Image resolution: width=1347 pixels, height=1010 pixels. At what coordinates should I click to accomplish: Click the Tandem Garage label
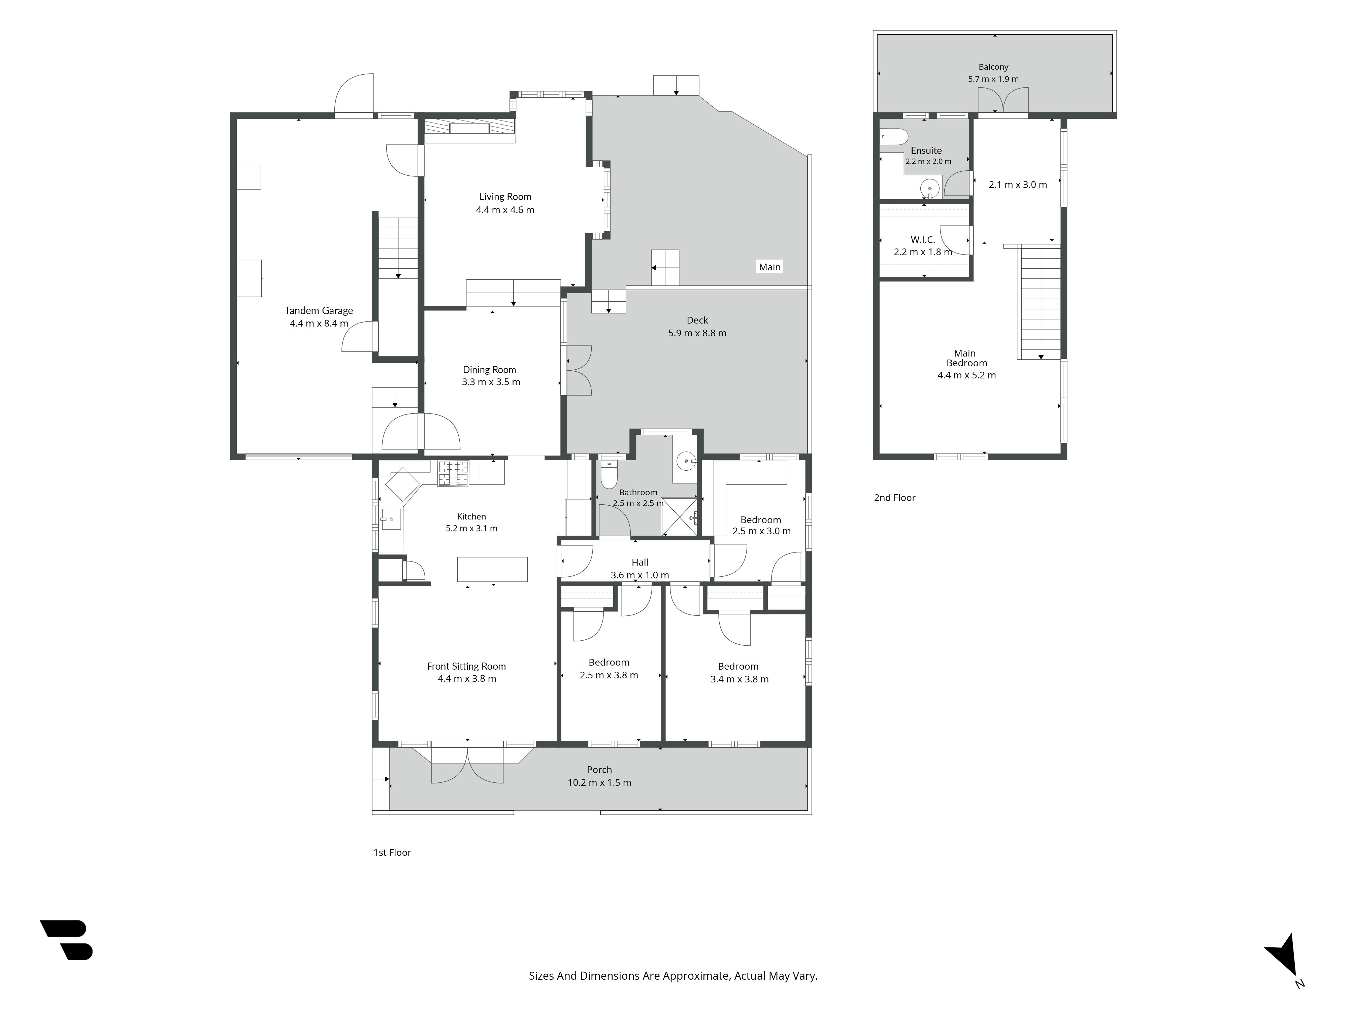[x=319, y=310]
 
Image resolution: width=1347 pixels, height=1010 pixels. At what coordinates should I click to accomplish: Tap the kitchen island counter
[x=492, y=569]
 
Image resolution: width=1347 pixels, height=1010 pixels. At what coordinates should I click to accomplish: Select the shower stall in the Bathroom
[x=679, y=516]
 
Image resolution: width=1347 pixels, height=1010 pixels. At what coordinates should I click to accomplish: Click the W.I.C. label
[x=923, y=240]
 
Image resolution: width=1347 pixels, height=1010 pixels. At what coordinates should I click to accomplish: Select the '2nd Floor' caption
[x=894, y=497]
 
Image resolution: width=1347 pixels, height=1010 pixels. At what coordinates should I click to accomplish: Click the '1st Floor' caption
[x=392, y=852]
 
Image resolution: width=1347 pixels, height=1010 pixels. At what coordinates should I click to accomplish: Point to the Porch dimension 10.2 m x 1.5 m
[x=599, y=782]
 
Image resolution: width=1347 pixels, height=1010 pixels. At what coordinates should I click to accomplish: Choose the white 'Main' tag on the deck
[x=770, y=267]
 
